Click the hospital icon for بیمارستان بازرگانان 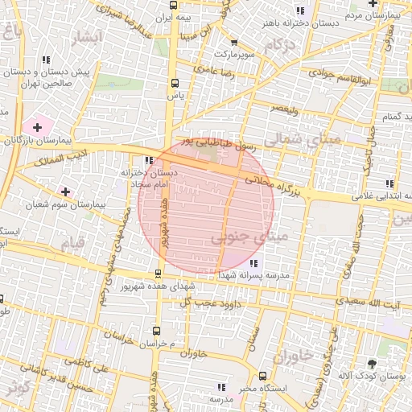(x=36, y=127)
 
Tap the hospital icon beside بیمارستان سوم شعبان (x=65, y=192)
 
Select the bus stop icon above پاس (x=175, y=82)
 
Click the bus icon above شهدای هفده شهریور (x=159, y=272)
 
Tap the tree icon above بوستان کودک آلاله (x=371, y=364)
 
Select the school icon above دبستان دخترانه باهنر (x=301, y=10)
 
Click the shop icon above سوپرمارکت (x=221, y=40)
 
